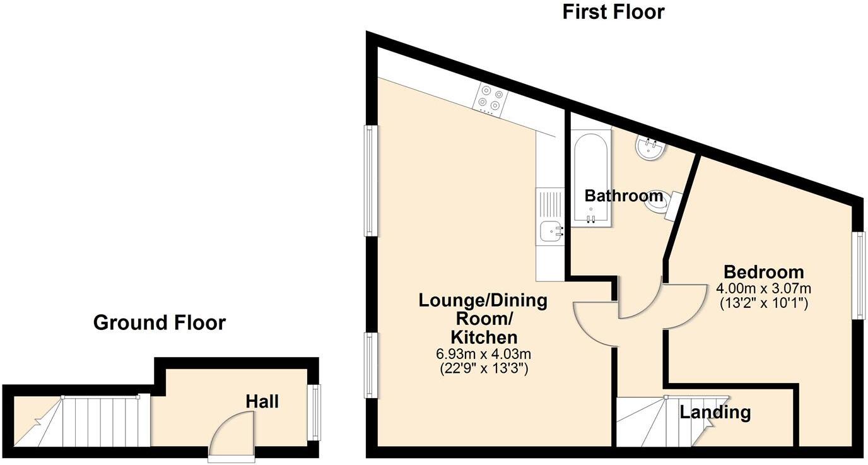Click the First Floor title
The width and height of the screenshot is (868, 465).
(613, 11)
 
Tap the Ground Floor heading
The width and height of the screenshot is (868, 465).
(159, 322)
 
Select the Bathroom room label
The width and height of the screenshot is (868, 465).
(624, 196)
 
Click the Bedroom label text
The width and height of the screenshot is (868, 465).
(763, 272)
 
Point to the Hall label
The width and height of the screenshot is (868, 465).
(262, 401)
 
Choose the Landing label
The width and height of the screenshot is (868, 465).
(715, 413)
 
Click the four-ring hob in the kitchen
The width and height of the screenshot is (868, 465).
(490, 99)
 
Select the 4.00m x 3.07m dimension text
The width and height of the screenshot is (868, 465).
(763, 288)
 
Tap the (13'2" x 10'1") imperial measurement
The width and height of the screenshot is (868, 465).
(763, 303)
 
